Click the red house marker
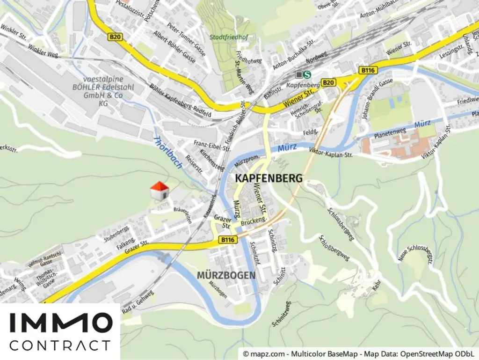[159, 191]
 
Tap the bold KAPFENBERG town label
[269, 178]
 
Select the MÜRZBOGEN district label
[226, 275]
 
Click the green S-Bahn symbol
[307, 74]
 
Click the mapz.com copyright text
[358, 353]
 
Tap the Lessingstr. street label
[451, 52]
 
